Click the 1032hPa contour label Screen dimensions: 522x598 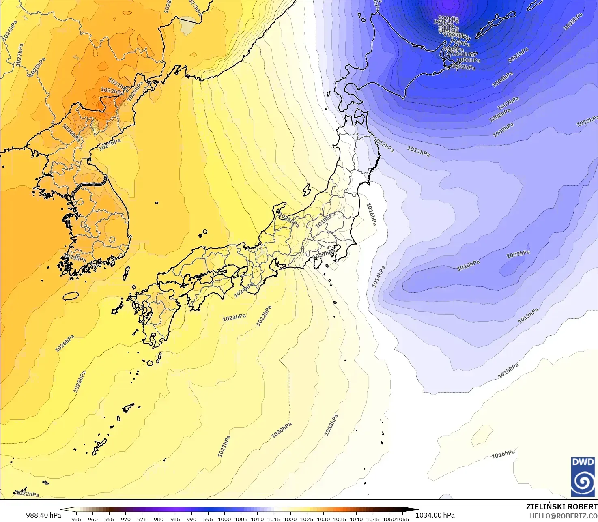(112, 91)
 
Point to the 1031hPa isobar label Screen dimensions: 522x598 (118, 84)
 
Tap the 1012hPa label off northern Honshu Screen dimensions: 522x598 (384, 145)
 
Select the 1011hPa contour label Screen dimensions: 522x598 (418, 152)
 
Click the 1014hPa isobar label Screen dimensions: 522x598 (378, 277)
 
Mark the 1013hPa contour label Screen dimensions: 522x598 (528, 316)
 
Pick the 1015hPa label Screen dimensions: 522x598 (508, 371)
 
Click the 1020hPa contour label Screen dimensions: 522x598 (282, 430)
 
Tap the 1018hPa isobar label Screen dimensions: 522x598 (331, 425)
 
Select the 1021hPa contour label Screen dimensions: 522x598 (224, 446)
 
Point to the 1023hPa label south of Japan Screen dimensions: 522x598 (234, 318)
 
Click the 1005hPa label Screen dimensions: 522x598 (573, 21)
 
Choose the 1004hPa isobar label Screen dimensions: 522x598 (502, 79)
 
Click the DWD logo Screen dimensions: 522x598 (583, 477)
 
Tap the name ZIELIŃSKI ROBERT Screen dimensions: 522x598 (561, 507)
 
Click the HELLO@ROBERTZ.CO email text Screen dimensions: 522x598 (564, 516)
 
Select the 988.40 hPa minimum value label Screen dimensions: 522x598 (43, 515)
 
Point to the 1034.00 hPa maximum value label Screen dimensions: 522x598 (435, 515)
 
